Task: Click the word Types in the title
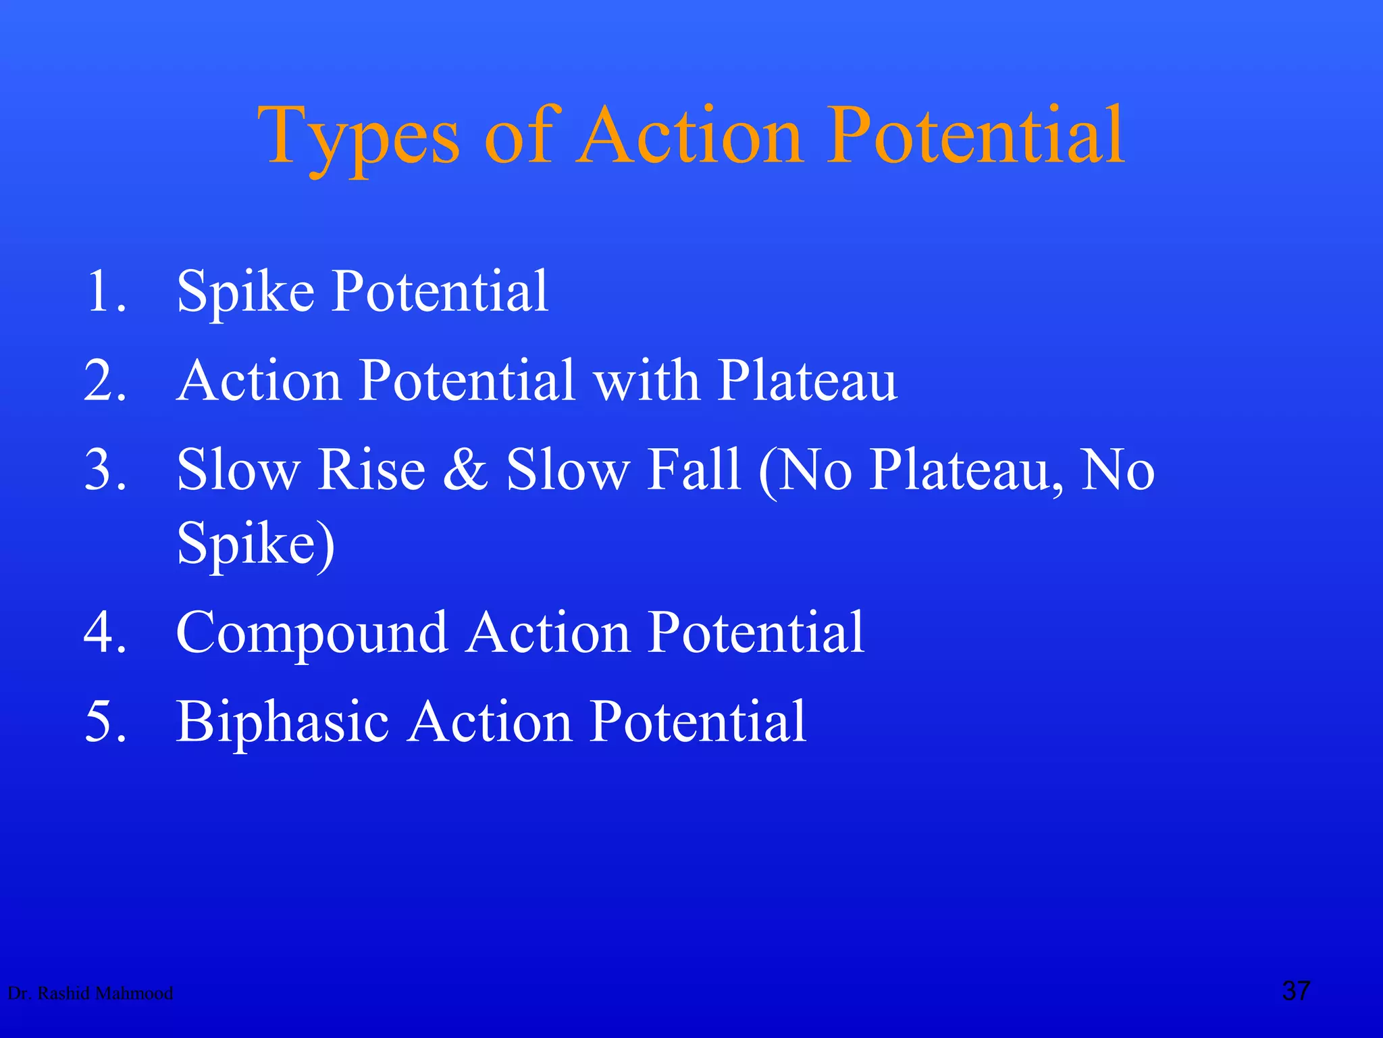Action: tap(358, 139)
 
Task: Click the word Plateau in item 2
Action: tap(806, 381)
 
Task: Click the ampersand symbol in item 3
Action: tap(465, 470)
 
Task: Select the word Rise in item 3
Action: tap(371, 470)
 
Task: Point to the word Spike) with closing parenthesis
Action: tap(255, 545)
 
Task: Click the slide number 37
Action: tap(1296, 991)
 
